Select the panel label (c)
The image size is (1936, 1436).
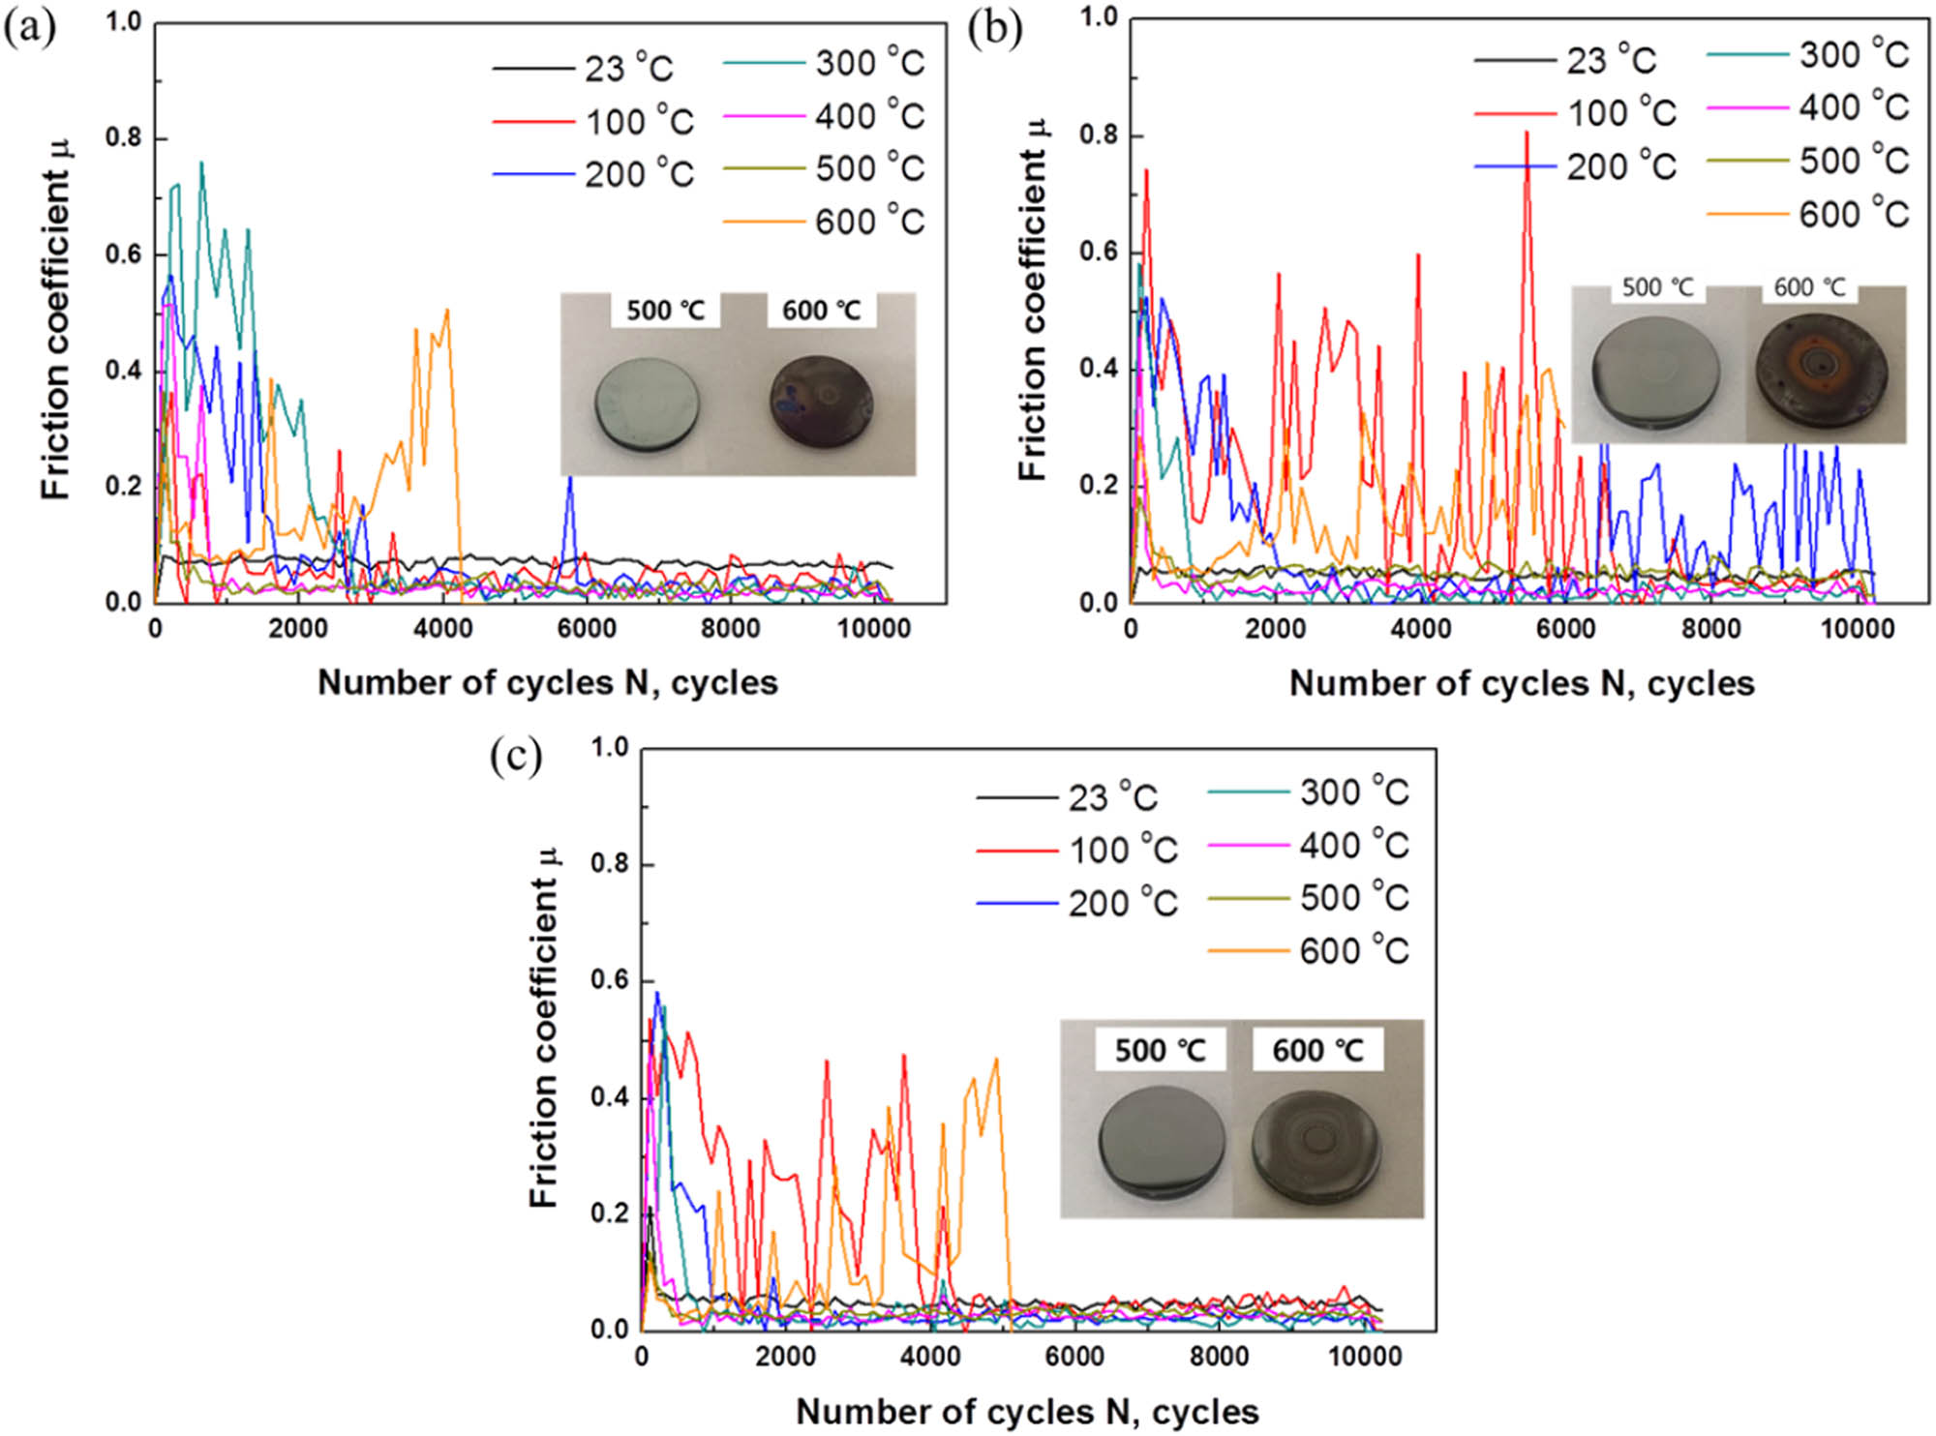[516, 756]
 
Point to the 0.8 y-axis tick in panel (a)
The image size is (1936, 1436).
[122, 138]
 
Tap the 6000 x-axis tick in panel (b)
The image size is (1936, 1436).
[1565, 628]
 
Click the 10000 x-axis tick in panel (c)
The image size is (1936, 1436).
[1364, 1357]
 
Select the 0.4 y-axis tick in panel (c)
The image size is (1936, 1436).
[610, 1097]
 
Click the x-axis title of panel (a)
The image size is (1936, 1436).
[548, 682]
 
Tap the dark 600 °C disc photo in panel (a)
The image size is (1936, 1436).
[822, 400]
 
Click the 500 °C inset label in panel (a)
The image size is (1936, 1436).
[665, 311]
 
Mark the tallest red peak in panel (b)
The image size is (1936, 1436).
[1527, 134]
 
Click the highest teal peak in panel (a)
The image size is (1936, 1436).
[201, 164]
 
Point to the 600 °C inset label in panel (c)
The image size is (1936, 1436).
[1317, 1050]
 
